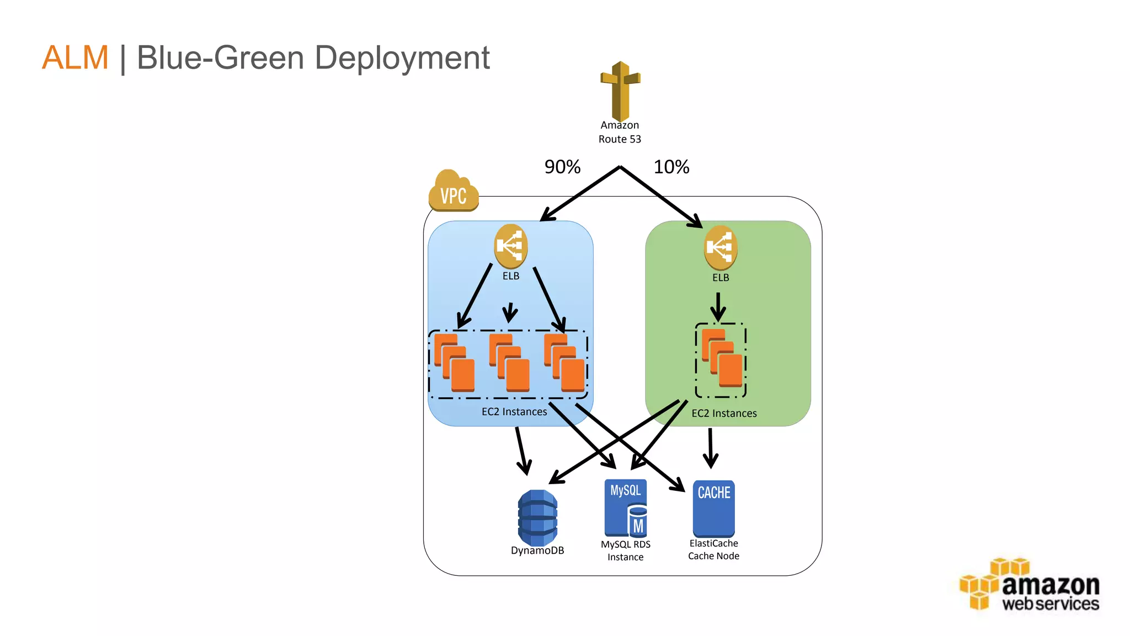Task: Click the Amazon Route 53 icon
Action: coord(620,92)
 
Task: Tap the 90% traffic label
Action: coord(562,167)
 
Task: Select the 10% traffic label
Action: coord(671,167)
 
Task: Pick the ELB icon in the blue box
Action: coord(510,246)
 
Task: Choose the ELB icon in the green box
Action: coord(720,247)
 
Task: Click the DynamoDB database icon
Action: coord(537,518)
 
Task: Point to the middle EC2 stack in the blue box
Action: coord(509,363)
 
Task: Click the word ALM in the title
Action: coord(75,57)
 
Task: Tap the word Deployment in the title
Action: coord(402,57)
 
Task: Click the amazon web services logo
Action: coord(1030,585)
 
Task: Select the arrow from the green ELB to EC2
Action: coord(718,306)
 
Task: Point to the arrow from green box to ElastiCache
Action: coord(711,447)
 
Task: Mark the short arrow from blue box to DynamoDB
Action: coord(522,450)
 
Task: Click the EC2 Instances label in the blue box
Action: coord(514,412)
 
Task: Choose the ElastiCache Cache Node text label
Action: coord(713,550)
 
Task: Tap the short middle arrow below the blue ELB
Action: coord(510,312)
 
